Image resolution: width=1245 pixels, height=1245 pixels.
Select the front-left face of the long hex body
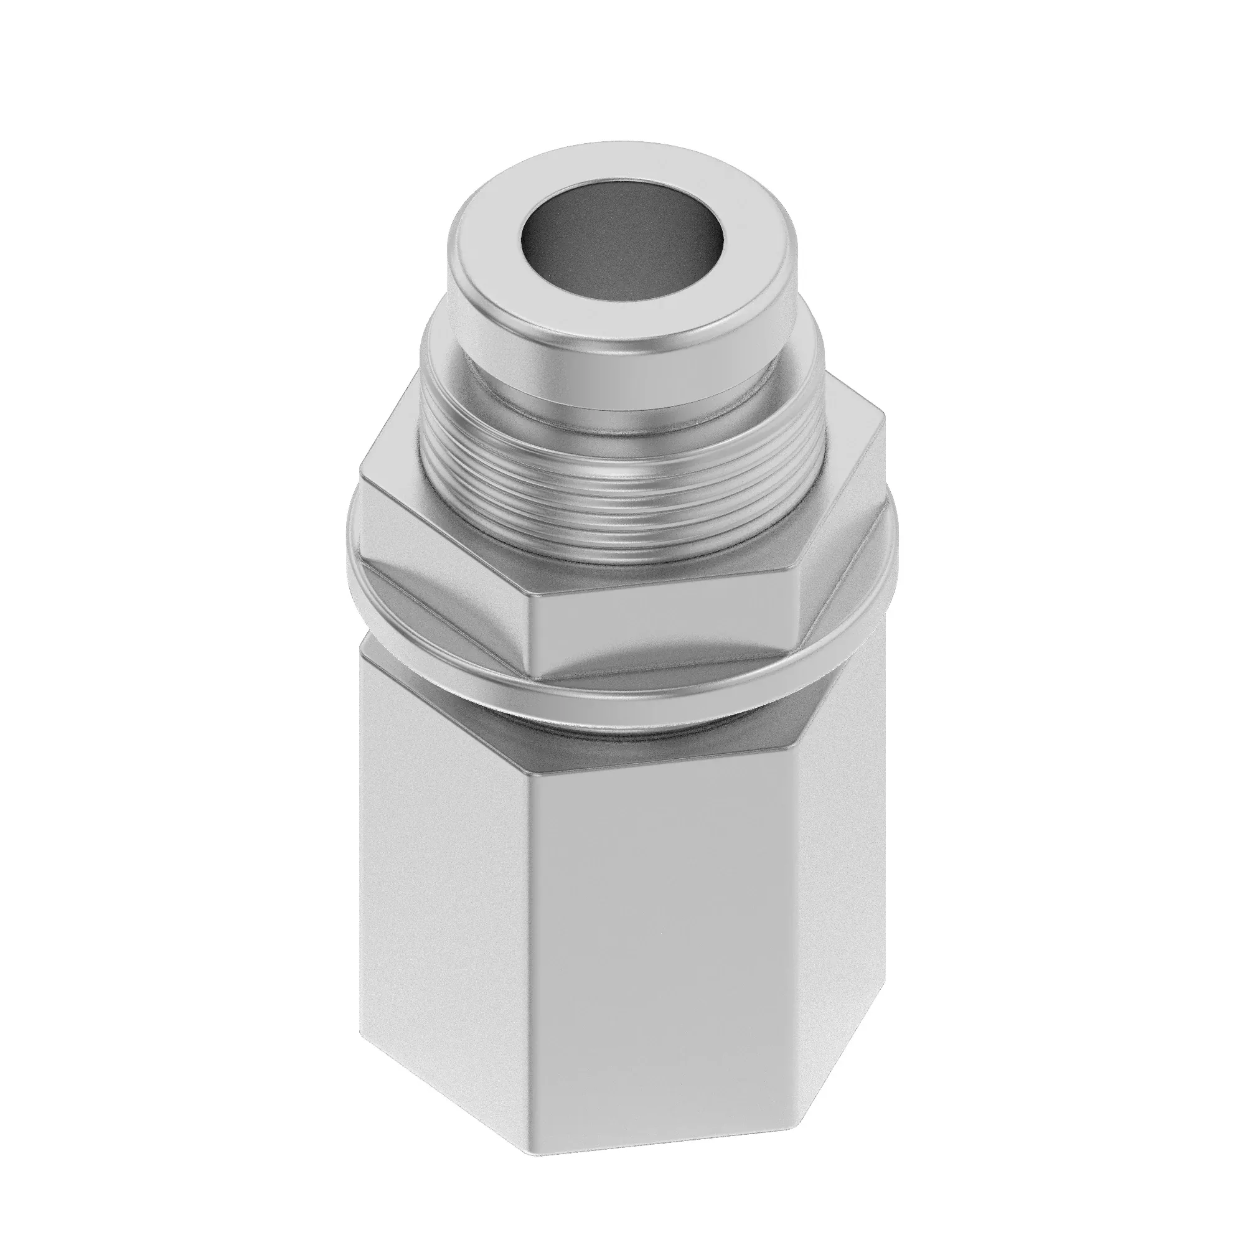click(x=444, y=870)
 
